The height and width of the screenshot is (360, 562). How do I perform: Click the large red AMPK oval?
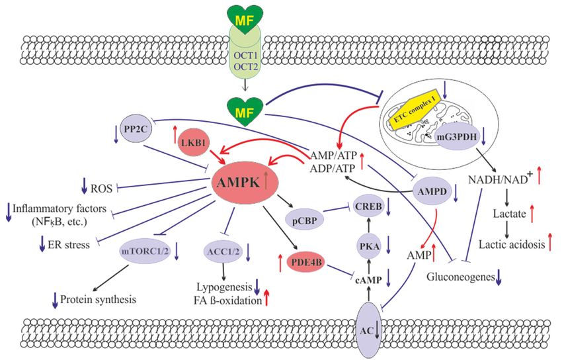(x=246, y=183)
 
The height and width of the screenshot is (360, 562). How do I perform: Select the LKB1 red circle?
(x=194, y=142)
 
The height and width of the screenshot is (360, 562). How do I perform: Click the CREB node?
(x=368, y=206)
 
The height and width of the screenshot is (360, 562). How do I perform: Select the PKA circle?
(x=368, y=246)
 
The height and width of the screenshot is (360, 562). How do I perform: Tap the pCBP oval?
(x=305, y=220)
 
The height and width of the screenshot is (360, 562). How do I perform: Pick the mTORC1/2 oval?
(x=145, y=251)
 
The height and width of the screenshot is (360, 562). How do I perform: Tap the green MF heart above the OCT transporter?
(x=245, y=21)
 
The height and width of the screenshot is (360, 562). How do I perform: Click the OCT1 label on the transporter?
(x=245, y=55)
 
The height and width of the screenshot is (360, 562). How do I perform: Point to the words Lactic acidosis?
(x=512, y=245)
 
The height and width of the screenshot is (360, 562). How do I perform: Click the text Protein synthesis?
(x=99, y=299)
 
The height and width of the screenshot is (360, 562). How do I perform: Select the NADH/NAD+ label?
(x=499, y=179)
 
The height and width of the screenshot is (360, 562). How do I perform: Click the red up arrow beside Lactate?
(x=532, y=212)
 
